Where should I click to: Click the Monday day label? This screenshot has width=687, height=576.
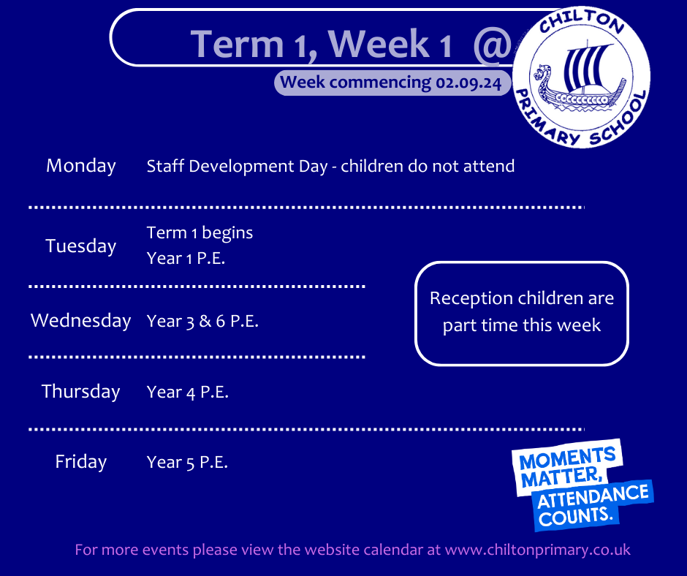click(x=81, y=166)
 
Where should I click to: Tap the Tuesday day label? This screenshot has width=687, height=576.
click(x=81, y=246)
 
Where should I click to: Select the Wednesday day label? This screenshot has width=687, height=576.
click(x=81, y=320)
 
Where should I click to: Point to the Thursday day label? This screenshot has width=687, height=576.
click(x=81, y=392)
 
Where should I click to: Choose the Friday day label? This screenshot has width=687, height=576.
click(x=81, y=462)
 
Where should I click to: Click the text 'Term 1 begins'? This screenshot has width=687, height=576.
click(x=200, y=232)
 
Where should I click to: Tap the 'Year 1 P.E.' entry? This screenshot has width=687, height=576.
click(x=186, y=258)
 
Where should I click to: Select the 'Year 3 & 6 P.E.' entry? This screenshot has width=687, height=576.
click(x=202, y=322)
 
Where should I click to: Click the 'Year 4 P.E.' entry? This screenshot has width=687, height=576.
click(x=188, y=392)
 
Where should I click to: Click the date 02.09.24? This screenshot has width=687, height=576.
click(x=468, y=83)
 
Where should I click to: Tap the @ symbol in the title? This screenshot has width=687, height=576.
click(x=493, y=45)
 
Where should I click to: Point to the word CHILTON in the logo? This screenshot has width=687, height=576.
click(x=582, y=22)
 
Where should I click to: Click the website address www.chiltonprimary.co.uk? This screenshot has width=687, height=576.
click(x=538, y=550)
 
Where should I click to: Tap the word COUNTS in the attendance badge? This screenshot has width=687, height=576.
click(x=575, y=515)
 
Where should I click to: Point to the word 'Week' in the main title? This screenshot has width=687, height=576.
click(x=379, y=44)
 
